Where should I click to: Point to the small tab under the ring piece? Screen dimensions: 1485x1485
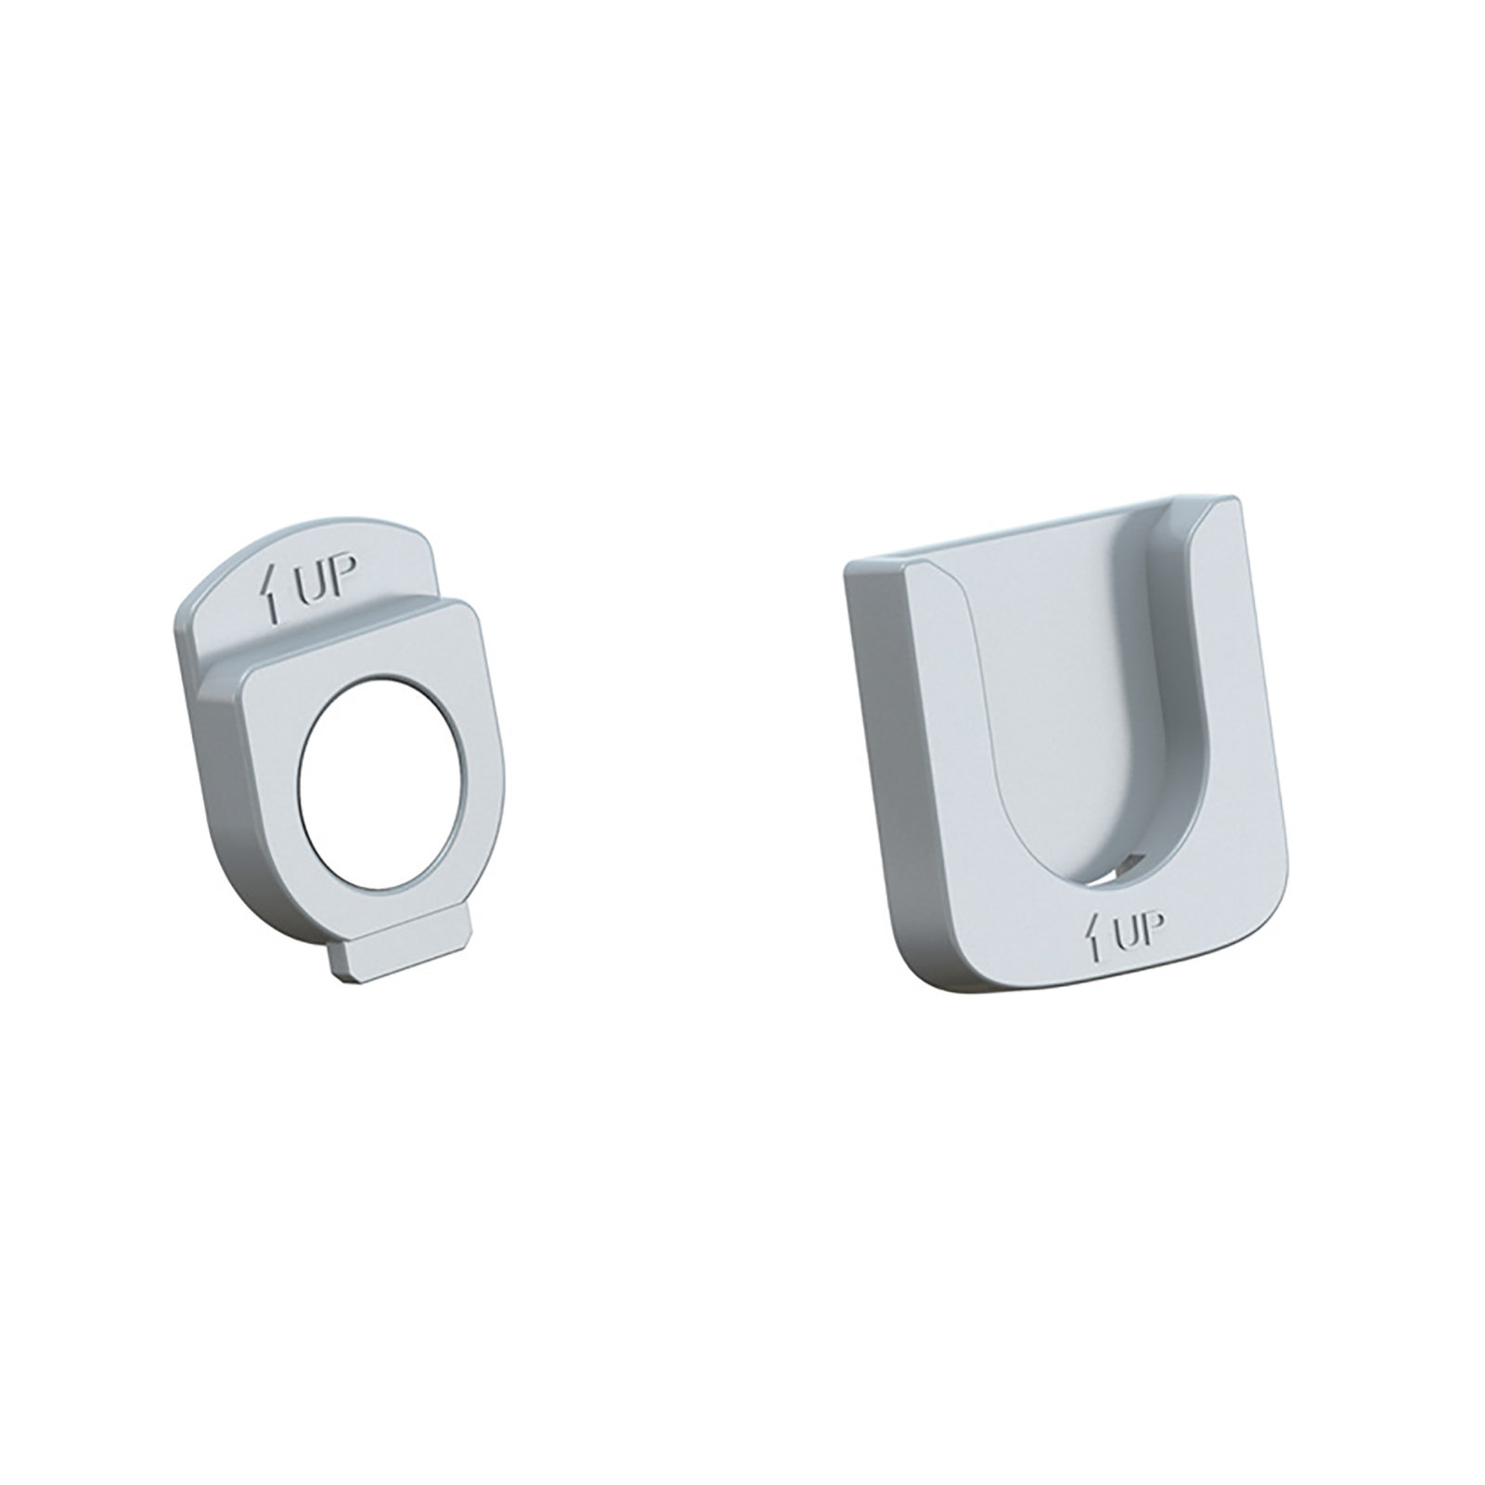(x=401, y=951)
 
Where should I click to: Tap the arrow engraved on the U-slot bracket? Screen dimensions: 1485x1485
(x=1097, y=937)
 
